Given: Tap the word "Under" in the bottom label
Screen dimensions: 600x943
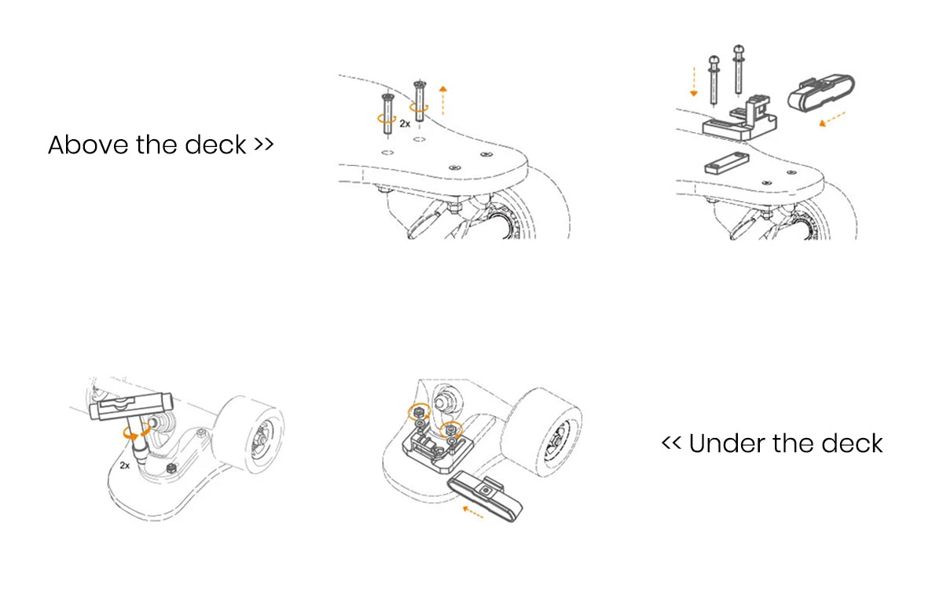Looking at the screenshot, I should click(x=726, y=444).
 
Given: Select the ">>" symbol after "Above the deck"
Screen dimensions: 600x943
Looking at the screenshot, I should click(x=263, y=145).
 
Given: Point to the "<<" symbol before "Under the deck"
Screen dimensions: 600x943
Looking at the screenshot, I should click(x=671, y=444).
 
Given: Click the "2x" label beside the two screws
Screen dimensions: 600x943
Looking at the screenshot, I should click(x=405, y=123).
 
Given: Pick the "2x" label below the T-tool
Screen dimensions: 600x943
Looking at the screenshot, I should click(x=124, y=466).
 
